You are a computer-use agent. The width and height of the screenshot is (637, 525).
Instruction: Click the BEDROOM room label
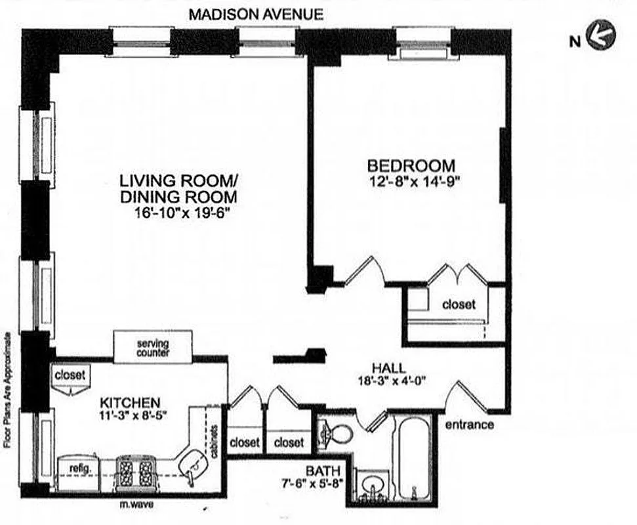point(411,165)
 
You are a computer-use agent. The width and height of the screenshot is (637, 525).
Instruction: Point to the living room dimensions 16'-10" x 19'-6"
point(178,213)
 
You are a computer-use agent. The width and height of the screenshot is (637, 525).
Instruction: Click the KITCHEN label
point(131,401)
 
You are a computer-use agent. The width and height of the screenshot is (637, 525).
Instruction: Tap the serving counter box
point(153,346)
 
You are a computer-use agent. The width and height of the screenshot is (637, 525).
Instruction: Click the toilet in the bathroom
point(336,433)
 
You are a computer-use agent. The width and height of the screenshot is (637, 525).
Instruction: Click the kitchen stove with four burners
point(134,471)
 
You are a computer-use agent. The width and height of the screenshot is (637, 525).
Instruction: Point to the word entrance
point(470,425)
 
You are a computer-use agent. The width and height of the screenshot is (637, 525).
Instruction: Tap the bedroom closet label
point(458,304)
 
